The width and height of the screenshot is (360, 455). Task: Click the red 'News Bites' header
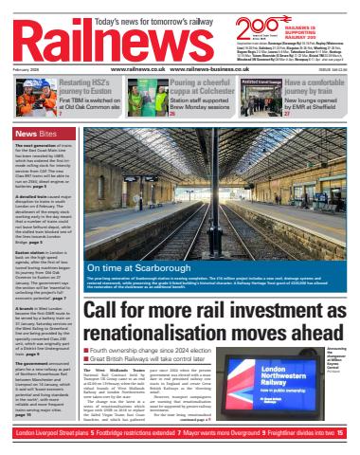pyautogui.click(x=33, y=133)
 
